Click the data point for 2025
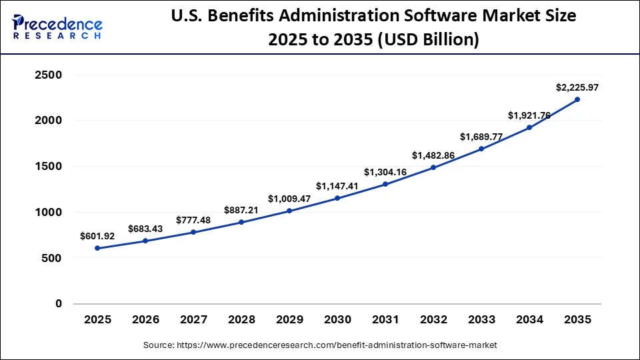point(97,248)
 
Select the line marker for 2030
point(337,198)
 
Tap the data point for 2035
point(577,99)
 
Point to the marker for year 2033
point(481,149)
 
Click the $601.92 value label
point(97,235)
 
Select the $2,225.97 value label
point(577,87)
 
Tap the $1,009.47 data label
point(289,199)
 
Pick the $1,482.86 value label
point(433,155)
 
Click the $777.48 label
point(193,220)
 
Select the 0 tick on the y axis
point(57,303)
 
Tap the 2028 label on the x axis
point(241,320)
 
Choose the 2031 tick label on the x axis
point(385,320)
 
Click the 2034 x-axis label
point(529,320)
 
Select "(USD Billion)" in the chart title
point(429,40)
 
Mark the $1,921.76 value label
point(529,115)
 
